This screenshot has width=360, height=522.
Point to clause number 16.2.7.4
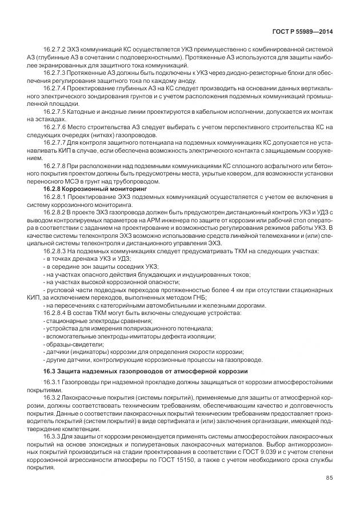pos(57,89)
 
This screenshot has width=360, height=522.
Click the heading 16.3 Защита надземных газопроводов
pos(146,372)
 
